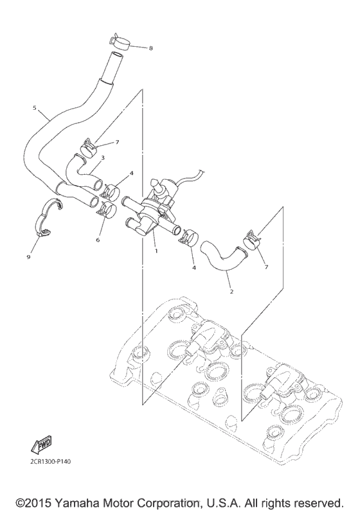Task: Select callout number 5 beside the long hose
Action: coord(34,108)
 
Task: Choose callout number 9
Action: coord(28,257)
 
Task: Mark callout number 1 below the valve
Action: coord(155,251)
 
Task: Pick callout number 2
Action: coord(231,291)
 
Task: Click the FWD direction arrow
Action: coord(40,445)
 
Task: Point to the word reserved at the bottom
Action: coord(318,500)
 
